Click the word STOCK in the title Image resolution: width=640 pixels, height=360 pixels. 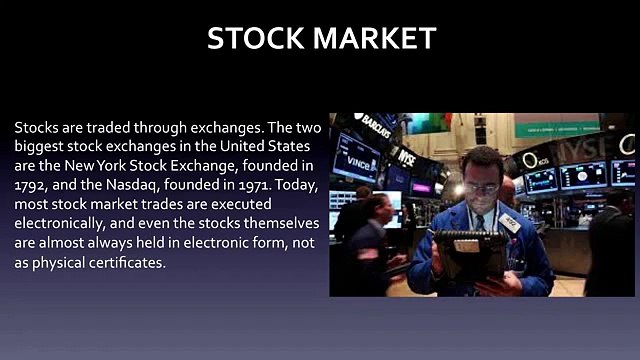click(256, 38)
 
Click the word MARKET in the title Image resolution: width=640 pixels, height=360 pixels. click(376, 38)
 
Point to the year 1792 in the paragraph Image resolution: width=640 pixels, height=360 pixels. click(31, 187)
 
